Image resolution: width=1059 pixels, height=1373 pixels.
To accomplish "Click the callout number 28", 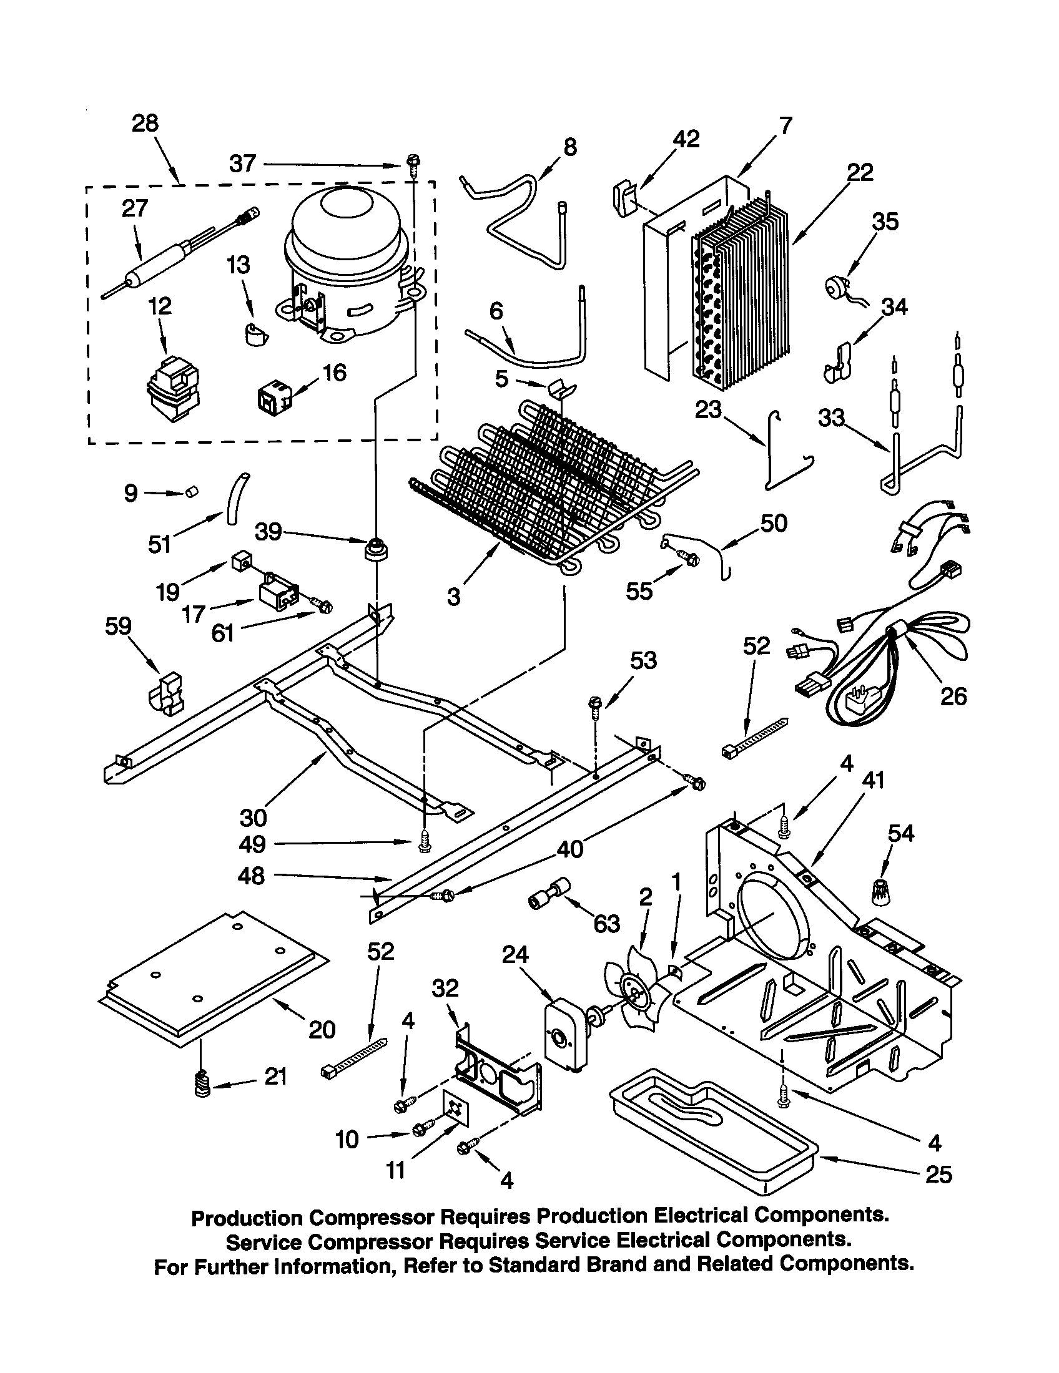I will [x=145, y=123].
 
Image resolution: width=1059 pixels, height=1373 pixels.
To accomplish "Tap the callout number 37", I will [x=243, y=164].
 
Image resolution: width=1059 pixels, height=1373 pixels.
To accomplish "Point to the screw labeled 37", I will [x=413, y=166].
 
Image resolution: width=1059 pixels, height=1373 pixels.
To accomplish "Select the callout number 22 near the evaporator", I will [x=860, y=172].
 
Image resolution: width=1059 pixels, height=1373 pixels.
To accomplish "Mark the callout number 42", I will [x=686, y=140].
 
